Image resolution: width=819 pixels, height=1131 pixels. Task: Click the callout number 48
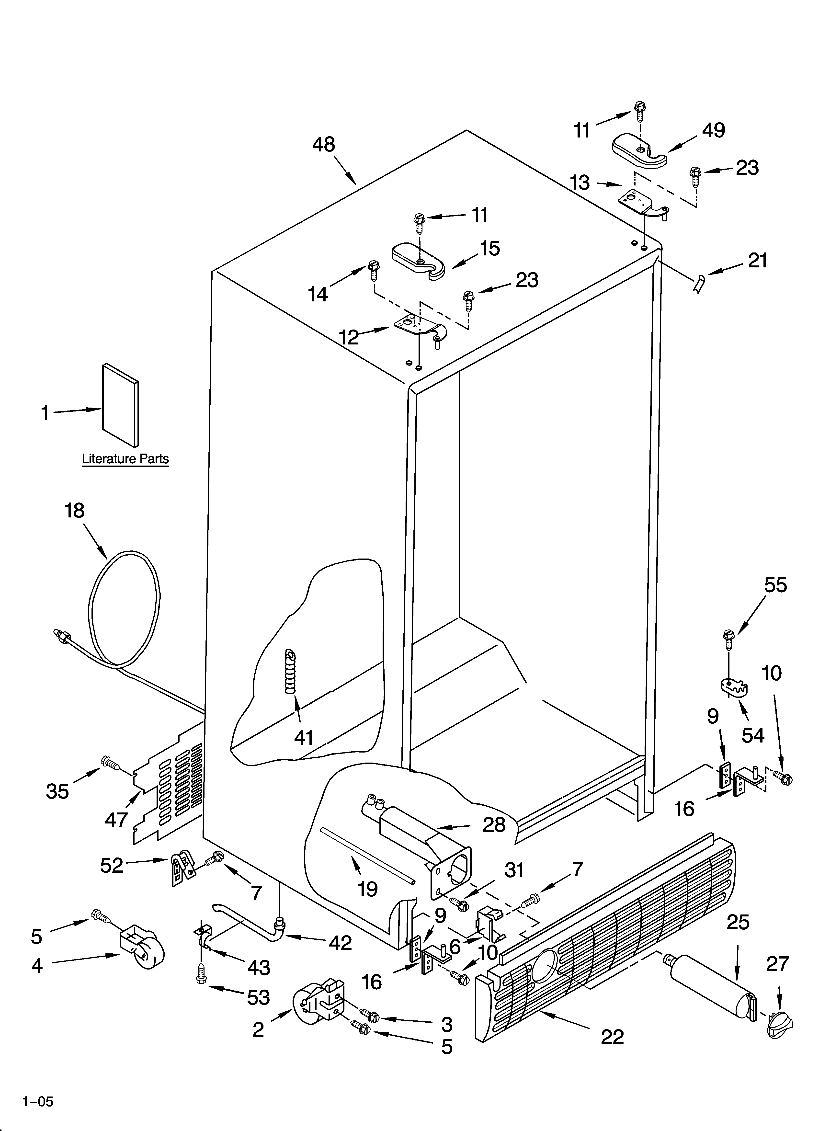pos(324,145)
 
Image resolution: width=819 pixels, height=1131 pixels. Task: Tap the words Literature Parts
pos(125,459)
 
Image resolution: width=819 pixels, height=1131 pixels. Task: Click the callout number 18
pos(74,511)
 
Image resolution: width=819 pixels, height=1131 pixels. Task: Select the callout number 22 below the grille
pos(612,1037)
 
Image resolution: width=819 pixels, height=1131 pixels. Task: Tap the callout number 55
pos(776,585)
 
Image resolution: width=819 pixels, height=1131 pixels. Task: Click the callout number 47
pos(116,819)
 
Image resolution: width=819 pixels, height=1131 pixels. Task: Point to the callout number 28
pos(494,825)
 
